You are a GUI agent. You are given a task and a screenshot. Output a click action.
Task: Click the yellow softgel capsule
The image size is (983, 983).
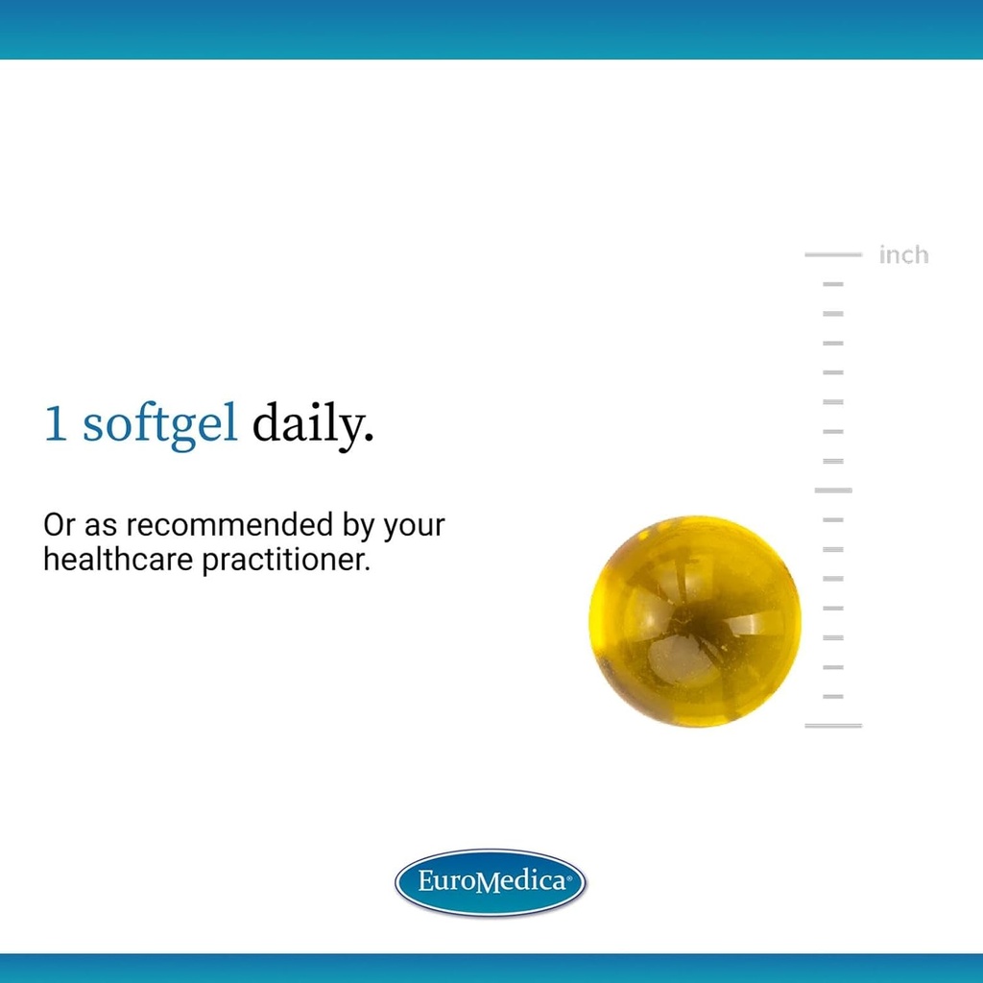694,620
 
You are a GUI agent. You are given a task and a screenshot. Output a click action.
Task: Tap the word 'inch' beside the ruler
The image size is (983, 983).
903,254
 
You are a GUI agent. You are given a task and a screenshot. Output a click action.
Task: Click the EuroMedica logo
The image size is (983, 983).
491,882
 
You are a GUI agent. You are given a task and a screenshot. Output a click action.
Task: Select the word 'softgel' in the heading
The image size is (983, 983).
159,424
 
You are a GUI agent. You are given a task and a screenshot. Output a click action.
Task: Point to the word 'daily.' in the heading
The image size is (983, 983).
312,424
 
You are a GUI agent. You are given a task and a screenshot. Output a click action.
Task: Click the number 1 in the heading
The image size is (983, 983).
56,424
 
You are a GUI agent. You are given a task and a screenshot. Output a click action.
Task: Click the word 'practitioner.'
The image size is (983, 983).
285,560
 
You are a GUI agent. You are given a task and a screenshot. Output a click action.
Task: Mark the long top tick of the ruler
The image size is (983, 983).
833,254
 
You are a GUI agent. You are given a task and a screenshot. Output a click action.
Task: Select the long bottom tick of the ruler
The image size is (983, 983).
833,725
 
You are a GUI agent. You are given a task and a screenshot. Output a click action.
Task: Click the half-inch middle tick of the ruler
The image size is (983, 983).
833,490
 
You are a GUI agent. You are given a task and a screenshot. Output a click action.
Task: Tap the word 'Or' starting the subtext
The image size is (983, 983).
59,525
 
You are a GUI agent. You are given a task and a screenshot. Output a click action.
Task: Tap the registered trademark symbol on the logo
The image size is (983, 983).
571,875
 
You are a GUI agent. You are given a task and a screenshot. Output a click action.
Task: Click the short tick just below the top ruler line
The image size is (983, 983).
833,284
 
